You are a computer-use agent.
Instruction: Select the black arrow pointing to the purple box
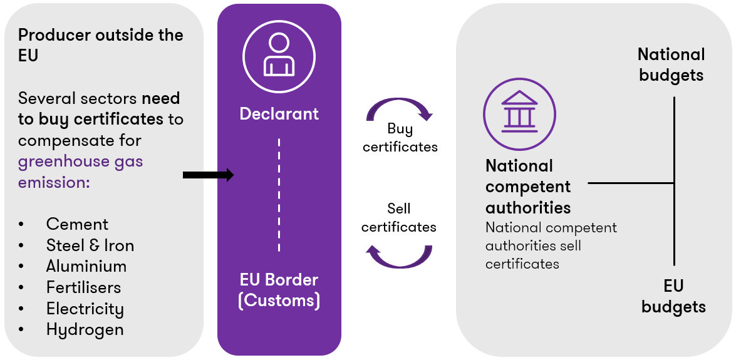tap(208, 175)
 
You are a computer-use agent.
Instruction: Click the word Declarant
tap(279, 114)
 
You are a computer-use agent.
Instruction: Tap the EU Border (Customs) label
tap(279, 290)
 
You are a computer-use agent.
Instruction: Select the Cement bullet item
tap(77, 224)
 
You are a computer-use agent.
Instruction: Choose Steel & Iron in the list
tap(90, 245)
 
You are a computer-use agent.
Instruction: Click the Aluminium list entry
tap(86, 266)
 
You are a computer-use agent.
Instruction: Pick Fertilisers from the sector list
tap(83, 287)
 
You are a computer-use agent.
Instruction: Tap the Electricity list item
tap(85, 309)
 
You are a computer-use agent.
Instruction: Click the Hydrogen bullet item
tap(85, 329)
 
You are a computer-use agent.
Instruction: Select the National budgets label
tap(671, 65)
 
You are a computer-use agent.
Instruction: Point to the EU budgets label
tap(673, 297)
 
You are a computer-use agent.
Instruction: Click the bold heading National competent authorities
tap(528, 187)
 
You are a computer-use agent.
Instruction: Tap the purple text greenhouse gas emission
tap(80, 172)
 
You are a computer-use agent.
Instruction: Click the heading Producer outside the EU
tap(100, 44)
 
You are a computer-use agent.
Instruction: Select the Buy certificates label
tap(400, 138)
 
